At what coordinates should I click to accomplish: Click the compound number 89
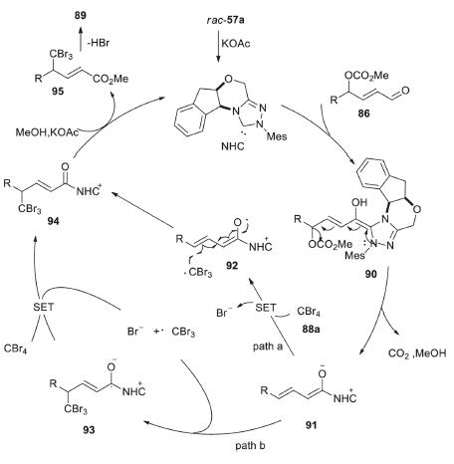[80, 15]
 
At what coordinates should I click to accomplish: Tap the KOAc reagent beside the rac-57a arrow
[236, 44]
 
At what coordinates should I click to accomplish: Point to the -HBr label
[99, 43]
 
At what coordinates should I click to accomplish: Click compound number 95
[58, 91]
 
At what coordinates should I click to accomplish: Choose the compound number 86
[363, 114]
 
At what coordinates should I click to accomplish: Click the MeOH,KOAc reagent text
[48, 132]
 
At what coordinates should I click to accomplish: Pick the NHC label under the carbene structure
[233, 145]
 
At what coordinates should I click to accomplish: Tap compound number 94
[53, 221]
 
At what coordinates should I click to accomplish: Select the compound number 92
[232, 266]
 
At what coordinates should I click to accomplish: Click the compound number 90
[371, 274]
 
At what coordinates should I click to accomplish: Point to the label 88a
[312, 329]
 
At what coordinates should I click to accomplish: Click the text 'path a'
[268, 347]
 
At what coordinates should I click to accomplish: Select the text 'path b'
[250, 445]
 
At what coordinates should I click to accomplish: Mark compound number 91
[311, 425]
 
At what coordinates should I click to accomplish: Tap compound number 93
[89, 430]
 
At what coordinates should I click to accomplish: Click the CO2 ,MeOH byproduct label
[417, 353]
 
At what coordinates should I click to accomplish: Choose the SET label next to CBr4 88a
[266, 308]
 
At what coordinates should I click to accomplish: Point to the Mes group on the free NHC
[277, 136]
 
